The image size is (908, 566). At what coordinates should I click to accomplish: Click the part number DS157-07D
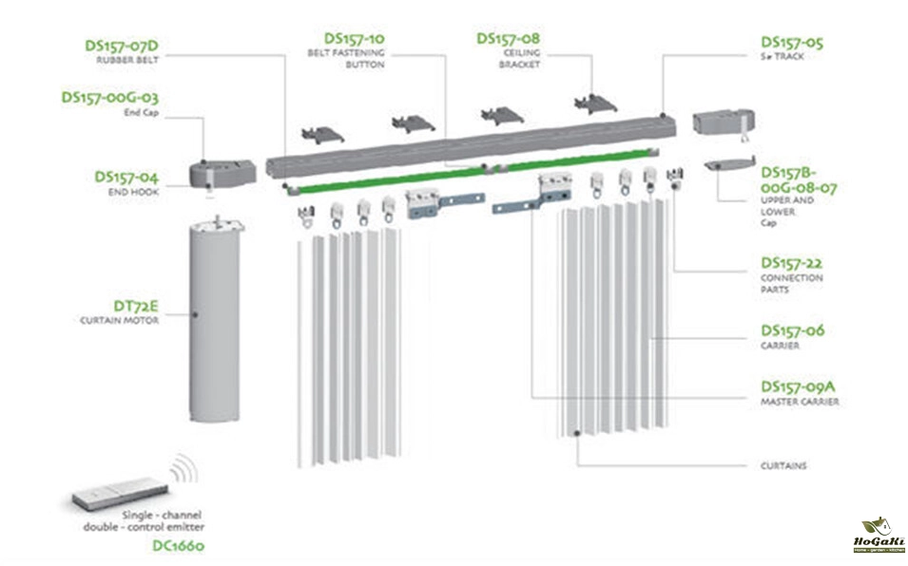(x=121, y=44)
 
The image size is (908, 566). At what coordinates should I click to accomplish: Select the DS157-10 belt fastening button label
(x=354, y=38)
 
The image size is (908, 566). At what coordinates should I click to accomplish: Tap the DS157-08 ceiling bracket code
(x=508, y=38)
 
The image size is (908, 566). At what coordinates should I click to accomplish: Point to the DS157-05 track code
(x=792, y=43)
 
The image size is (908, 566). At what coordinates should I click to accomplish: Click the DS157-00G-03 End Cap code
(x=109, y=97)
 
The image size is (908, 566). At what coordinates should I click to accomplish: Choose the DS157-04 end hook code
(x=126, y=177)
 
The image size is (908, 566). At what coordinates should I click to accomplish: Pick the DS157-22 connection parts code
(x=792, y=262)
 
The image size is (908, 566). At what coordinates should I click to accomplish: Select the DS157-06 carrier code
(x=792, y=330)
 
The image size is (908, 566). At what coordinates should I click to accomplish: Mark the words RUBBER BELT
(x=126, y=59)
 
